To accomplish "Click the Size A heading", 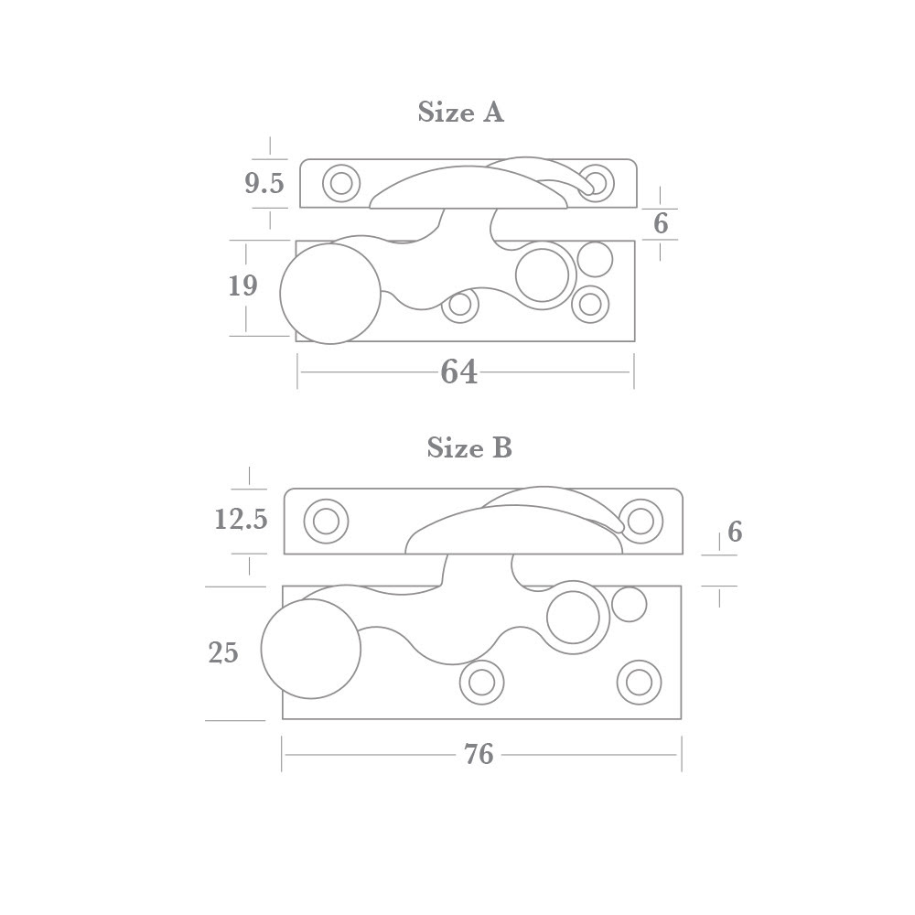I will [460, 113].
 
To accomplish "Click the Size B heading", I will [469, 447].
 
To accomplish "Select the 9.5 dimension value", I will [264, 184].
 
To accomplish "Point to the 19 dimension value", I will [242, 286].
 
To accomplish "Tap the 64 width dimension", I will [459, 372].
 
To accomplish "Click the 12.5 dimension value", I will [241, 520].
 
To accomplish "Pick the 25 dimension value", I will [223, 653].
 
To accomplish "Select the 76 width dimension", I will [479, 754].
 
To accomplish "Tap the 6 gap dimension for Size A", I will [661, 223].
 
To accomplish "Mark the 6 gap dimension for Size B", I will [734, 533].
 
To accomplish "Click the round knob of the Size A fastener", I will [329, 294].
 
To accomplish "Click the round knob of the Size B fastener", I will [311, 649].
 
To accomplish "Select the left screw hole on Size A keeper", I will [341, 183].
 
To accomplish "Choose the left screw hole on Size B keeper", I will [326, 522].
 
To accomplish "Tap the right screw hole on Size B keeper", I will [640, 522].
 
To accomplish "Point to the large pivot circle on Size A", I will [543, 274].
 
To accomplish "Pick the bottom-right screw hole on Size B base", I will [640, 682].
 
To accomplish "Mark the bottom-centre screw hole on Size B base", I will [481, 682].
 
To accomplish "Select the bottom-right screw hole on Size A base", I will [590, 304].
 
